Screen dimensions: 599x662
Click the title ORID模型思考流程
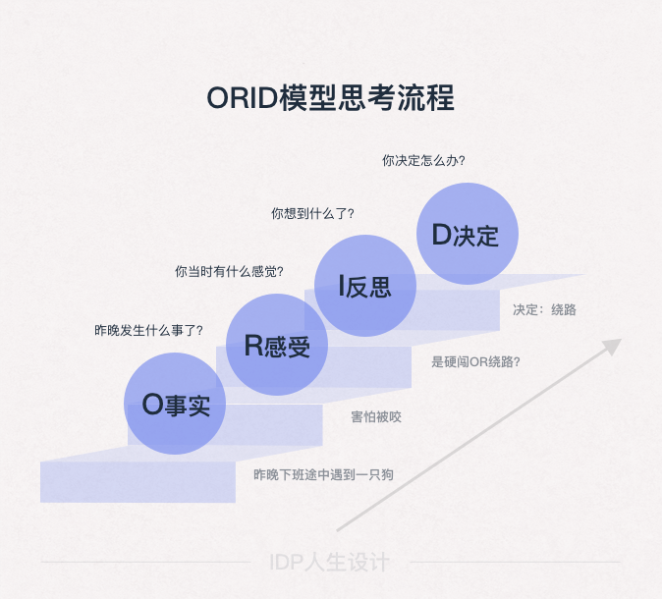tap(330, 99)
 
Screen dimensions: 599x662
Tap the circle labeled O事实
tap(175, 404)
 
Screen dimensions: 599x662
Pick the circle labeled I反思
tap(364, 286)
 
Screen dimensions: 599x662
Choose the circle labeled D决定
tap(467, 234)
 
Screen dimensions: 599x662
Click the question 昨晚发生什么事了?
tap(148, 330)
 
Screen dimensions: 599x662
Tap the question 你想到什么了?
tap(312, 213)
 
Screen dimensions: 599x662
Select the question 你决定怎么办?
tap(423, 161)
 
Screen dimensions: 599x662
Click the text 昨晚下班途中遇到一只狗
tap(323, 475)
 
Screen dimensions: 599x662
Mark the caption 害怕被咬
tap(376, 417)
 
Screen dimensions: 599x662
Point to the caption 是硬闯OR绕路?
tap(476, 361)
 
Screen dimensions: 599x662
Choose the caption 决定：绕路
tap(544, 309)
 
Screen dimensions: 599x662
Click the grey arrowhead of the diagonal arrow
tap(613, 346)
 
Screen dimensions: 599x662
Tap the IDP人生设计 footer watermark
tap(329, 563)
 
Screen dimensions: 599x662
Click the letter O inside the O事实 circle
tap(151, 405)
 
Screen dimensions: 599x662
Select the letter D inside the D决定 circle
tap(441, 235)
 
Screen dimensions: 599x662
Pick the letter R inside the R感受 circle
tap(252, 346)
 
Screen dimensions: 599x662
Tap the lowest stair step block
tap(138, 481)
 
